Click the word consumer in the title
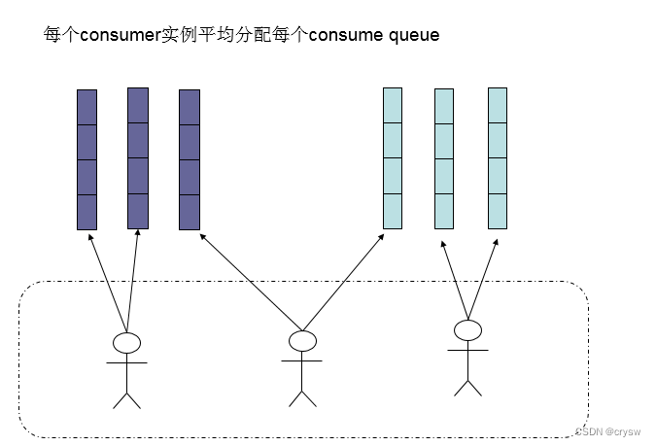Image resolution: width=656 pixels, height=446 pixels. (118, 36)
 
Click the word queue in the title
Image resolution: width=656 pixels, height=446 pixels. (414, 36)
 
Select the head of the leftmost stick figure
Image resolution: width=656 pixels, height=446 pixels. (126, 342)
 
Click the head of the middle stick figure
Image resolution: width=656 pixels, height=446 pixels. (302, 341)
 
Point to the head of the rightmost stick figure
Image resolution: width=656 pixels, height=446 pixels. (467, 331)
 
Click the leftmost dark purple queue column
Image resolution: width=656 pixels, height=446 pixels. (87, 159)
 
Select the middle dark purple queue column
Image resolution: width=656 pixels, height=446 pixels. (138, 158)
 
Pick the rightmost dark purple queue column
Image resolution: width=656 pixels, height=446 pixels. (190, 159)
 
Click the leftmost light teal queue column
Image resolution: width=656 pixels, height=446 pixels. (392, 158)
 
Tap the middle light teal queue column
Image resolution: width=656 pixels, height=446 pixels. (444, 159)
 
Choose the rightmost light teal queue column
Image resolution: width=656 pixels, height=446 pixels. (498, 158)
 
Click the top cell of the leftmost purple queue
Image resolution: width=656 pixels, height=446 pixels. (87, 107)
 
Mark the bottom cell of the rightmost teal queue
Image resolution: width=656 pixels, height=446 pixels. (498, 211)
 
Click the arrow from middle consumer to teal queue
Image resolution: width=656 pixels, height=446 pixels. (346, 279)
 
